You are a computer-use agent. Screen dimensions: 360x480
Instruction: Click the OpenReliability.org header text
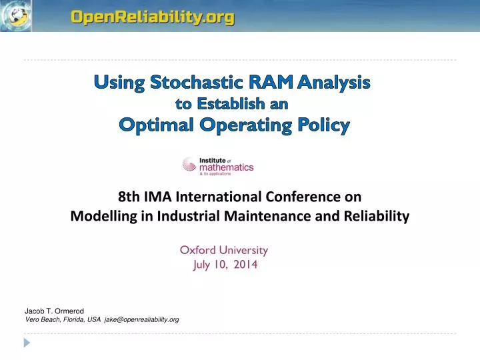(153, 18)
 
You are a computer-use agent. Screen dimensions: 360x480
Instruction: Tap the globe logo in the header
(16, 15)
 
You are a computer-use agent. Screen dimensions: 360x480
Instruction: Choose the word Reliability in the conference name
(375, 216)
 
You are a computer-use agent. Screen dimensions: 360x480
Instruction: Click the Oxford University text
(223, 250)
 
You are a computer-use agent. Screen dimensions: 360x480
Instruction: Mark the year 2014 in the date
(245, 265)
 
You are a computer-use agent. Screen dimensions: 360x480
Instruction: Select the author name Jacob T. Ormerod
(55, 311)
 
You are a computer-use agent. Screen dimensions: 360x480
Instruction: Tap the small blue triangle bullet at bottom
(27, 343)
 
